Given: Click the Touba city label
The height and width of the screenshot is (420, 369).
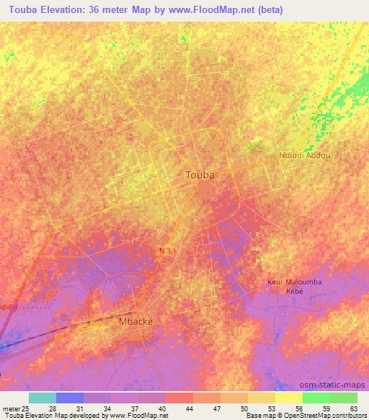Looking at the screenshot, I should (200, 175).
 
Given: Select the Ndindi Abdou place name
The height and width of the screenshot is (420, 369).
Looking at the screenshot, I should (304, 155).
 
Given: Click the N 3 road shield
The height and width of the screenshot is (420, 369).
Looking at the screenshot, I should (166, 249).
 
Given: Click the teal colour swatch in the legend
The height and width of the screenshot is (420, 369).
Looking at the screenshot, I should (42, 398).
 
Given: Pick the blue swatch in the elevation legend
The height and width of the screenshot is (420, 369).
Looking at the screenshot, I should (69, 398).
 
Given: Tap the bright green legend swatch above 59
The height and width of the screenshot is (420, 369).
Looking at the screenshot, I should (316, 398).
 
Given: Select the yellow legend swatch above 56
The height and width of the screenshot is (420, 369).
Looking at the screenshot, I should (288, 398).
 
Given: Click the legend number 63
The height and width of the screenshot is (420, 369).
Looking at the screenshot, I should (354, 408).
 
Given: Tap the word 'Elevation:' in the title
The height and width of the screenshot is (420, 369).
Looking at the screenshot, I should (71, 10).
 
